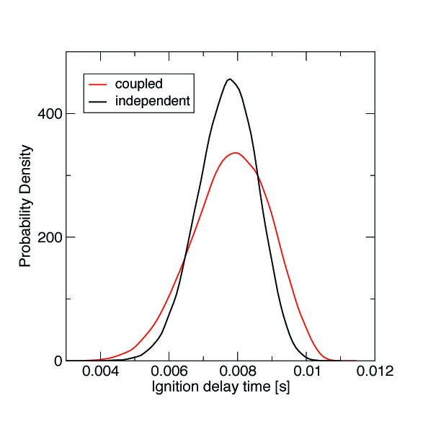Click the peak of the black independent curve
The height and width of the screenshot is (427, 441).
[x=229, y=79]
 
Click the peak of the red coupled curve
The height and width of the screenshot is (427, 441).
[x=235, y=153]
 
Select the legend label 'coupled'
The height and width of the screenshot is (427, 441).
[x=138, y=84]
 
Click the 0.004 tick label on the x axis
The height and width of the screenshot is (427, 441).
[x=99, y=372]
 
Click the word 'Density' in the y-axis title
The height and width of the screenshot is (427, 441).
[x=25, y=168]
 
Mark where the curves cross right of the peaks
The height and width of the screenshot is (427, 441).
[x=257, y=175]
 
